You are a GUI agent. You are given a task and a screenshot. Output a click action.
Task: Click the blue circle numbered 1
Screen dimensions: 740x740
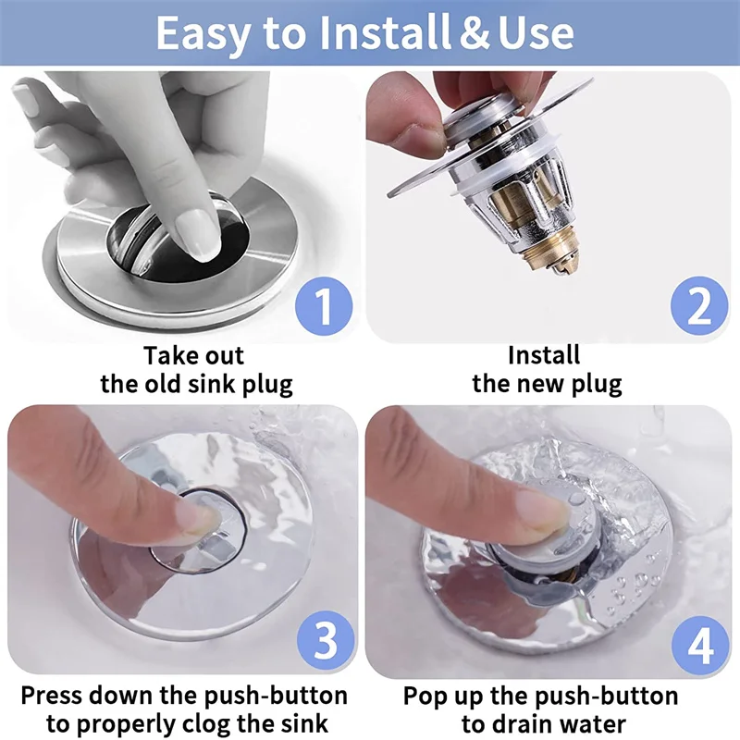(x=324, y=306)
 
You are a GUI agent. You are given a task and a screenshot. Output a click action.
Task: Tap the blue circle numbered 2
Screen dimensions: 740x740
(x=699, y=306)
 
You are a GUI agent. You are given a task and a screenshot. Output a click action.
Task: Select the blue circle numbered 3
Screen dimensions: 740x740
(x=326, y=639)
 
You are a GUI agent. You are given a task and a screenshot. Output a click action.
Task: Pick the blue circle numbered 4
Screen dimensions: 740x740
(x=700, y=645)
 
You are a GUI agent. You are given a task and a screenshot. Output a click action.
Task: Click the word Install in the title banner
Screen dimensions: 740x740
(x=384, y=32)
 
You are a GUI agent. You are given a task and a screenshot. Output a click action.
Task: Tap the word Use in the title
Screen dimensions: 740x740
(x=536, y=33)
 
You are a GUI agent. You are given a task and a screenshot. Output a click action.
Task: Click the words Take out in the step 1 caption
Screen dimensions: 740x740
(x=193, y=355)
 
